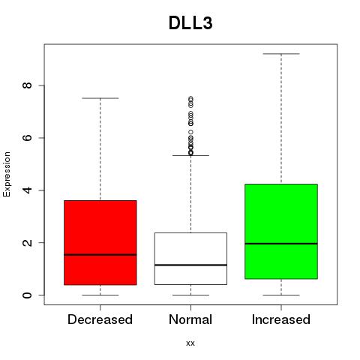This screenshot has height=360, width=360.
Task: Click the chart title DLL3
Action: pos(190,23)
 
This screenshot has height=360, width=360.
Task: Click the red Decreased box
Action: pos(100,242)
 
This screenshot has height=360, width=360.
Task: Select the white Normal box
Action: pos(190,259)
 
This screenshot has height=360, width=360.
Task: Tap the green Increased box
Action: pos(281,231)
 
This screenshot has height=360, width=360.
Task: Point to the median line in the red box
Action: pos(100,255)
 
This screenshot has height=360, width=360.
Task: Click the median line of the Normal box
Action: pos(190,265)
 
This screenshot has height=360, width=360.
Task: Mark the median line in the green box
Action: pos(281,243)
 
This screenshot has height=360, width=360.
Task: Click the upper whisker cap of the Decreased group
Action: pos(100,98)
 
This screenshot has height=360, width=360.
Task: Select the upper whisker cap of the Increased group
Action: pos(281,54)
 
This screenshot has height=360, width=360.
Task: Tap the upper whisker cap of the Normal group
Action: pos(190,155)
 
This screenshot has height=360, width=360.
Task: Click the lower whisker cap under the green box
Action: pos(281,295)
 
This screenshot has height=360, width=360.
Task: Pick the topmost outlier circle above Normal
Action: pos(190,98)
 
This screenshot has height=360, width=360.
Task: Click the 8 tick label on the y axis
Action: pos(27,85)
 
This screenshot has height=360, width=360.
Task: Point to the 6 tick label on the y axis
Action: pos(27,138)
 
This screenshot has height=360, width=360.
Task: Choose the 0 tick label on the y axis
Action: pos(27,295)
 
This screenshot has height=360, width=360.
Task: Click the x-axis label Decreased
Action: pos(100,319)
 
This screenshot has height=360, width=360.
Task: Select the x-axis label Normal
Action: pos(190,319)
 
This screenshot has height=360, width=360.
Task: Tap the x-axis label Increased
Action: pos(281,319)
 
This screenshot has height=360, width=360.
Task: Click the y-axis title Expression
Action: pos(7,174)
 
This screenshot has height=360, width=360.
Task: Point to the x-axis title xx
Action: pos(190,343)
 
